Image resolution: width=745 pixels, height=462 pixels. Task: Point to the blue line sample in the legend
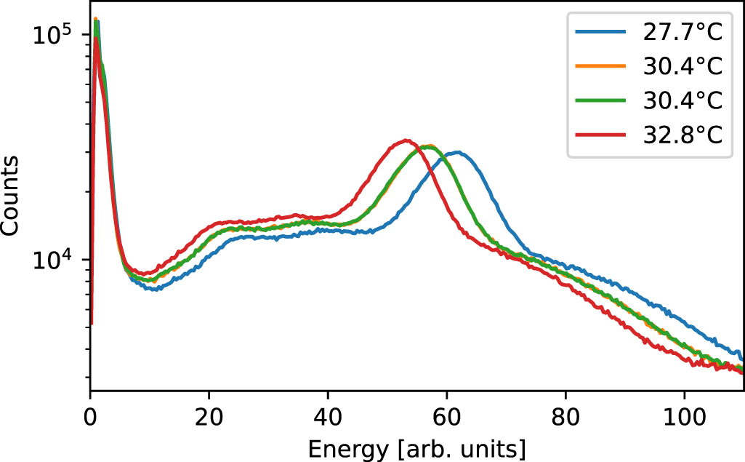(600, 33)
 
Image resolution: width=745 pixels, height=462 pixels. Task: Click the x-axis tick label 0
(90, 420)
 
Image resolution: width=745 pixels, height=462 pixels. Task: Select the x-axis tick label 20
(209, 420)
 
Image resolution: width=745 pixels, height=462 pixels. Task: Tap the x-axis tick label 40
(328, 420)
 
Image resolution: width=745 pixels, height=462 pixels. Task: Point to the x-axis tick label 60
(447, 420)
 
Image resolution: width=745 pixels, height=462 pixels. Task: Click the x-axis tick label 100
(685, 420)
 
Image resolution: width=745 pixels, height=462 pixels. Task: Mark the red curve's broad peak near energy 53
(406, 140)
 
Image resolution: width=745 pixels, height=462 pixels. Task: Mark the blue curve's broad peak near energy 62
(457, 152)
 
